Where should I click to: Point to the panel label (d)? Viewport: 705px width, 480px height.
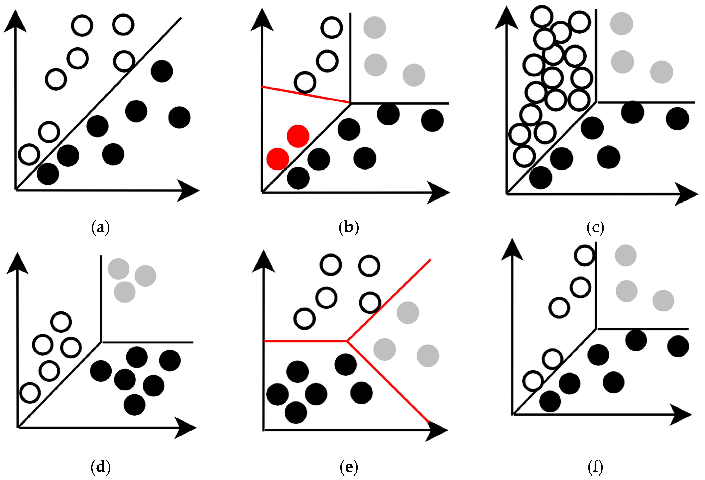pos(100,467)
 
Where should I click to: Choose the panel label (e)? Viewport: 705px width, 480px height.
pos(349,467)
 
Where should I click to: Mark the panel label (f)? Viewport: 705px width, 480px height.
pos(595,467)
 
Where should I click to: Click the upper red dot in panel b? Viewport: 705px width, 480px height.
pos(298,136)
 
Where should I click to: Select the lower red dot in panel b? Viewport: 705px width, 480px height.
pos(278,159)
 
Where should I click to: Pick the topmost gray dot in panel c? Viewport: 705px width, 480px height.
pos(621,24)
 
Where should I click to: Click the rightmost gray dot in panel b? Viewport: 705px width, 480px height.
pos(414,75)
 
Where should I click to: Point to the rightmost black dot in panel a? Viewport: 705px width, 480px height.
pos(179,117)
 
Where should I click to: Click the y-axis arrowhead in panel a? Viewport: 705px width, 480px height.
pos(15,21)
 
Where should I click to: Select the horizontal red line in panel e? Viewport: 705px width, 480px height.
pos(305,341)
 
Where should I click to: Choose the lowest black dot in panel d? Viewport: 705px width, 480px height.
pos(134,405)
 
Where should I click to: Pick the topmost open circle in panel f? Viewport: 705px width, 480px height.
pos(585,255)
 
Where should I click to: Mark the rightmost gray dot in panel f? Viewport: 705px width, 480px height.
pos(663,301)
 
